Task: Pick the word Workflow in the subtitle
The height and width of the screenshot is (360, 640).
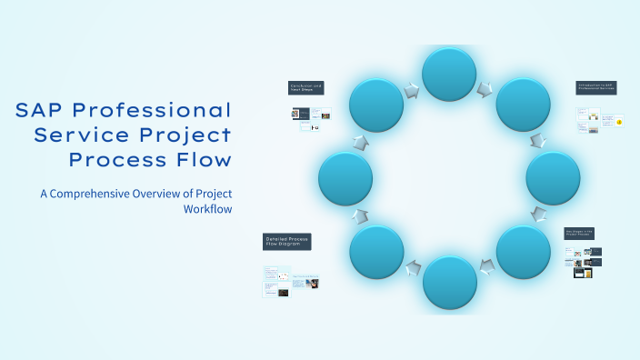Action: point(207,208)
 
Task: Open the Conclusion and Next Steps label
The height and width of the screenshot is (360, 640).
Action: point(305,88)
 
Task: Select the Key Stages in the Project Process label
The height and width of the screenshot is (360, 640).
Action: point(578,234)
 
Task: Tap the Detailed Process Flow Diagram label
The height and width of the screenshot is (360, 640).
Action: point(286,241)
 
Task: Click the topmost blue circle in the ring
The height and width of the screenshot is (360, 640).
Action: point(449,75)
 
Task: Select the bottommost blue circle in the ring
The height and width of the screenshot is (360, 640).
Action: point(449,282)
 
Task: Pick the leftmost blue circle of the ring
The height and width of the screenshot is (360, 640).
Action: point(345,178)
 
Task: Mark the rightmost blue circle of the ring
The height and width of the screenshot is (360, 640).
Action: point(553,178)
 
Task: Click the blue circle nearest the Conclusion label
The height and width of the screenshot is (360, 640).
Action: point(376,105)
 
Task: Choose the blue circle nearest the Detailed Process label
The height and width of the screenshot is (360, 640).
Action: point(376,252)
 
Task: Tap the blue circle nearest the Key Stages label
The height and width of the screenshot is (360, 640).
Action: point(523,252)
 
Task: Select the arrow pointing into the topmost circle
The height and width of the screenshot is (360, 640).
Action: point(412,89)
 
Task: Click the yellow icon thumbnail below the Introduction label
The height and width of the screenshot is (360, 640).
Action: point(618,121)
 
